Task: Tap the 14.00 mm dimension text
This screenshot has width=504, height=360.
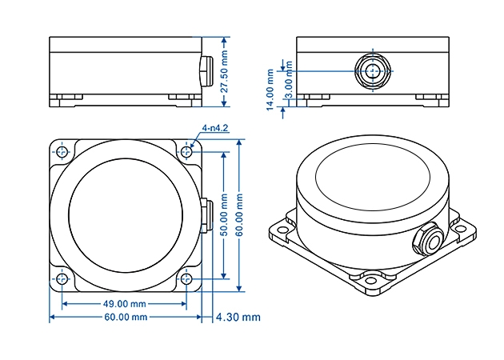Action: (x=270, y=92)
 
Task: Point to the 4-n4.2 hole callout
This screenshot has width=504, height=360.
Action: (x=216, y=128)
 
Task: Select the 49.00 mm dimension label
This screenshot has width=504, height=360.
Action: (x=124, y=304)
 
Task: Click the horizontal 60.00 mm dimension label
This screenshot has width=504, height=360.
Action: (x=124, y=318)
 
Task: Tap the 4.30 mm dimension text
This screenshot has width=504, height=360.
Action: (x=238, y=318)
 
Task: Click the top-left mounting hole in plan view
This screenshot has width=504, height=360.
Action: (x=62, y=150)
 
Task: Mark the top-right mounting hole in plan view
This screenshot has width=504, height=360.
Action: (x=187, y=150)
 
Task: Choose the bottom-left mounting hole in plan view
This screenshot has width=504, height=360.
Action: (x=62, y=279)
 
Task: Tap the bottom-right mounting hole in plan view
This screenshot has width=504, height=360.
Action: (x=187, y=279)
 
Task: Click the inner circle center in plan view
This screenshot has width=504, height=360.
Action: (x=123, y=214)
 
